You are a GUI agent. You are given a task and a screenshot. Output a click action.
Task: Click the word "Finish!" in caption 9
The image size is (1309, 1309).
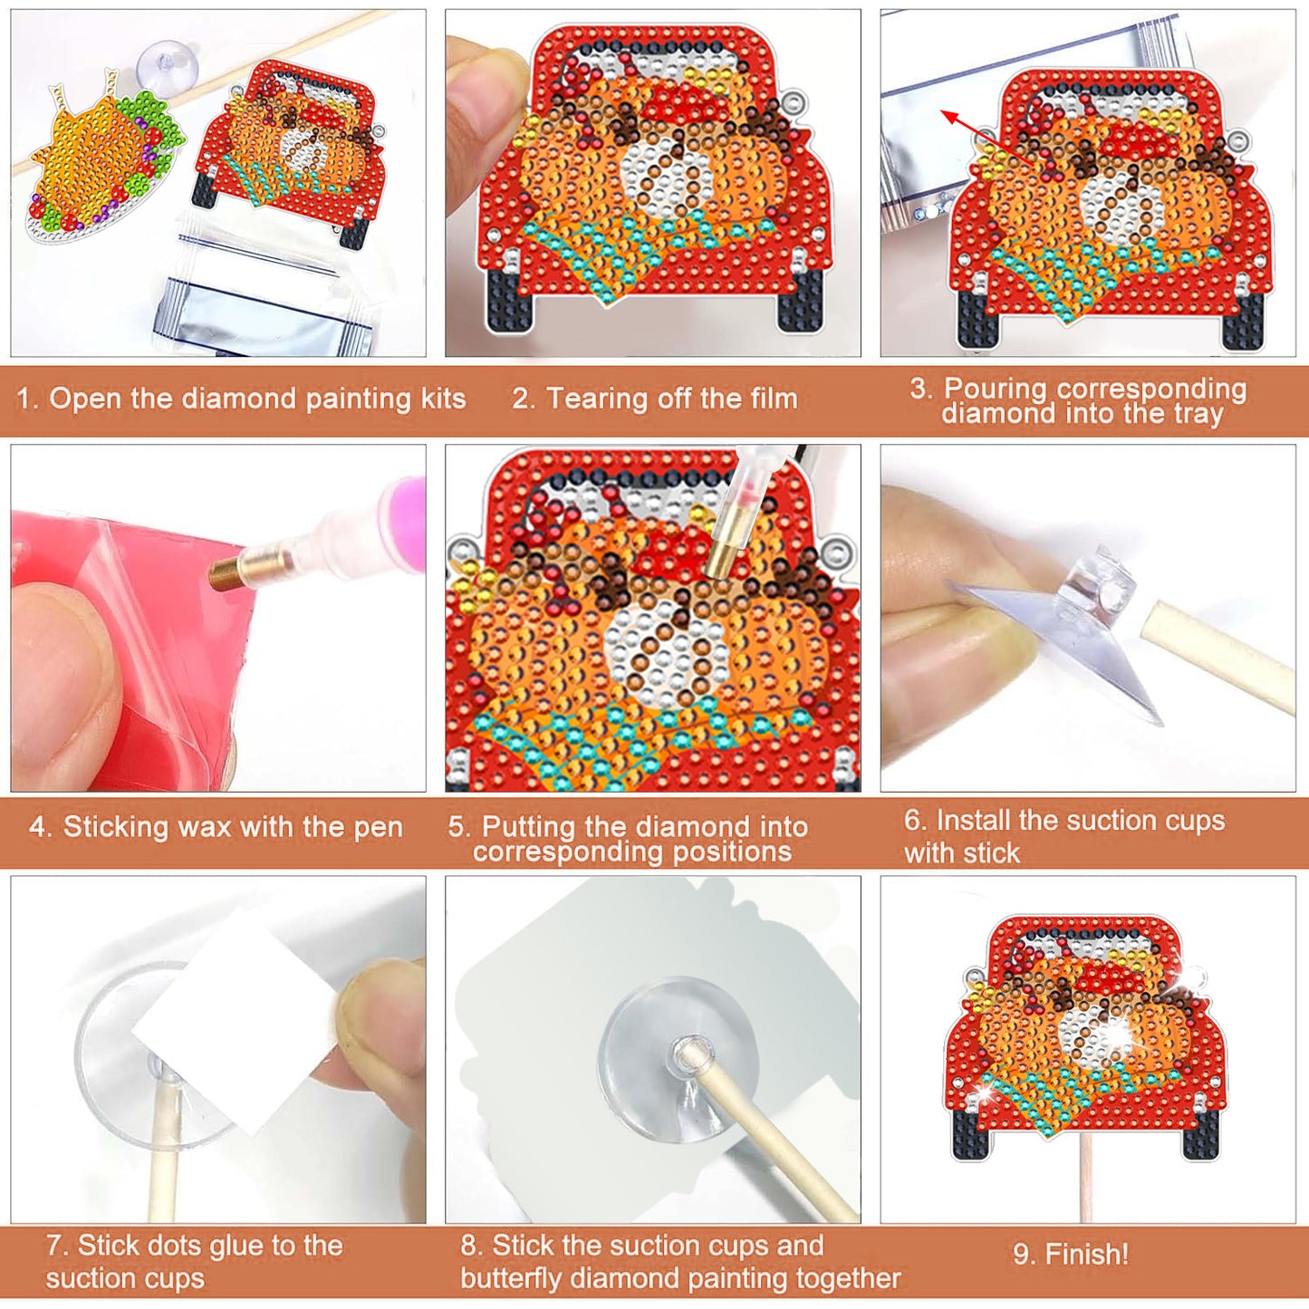coord(1086,1255)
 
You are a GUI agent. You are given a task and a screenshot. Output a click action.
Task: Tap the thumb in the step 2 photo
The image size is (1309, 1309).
coord(480,100)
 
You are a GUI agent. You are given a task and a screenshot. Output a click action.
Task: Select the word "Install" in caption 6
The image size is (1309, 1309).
coord(974,821)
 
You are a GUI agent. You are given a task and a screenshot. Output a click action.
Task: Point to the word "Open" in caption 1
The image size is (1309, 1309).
coord(86,399)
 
